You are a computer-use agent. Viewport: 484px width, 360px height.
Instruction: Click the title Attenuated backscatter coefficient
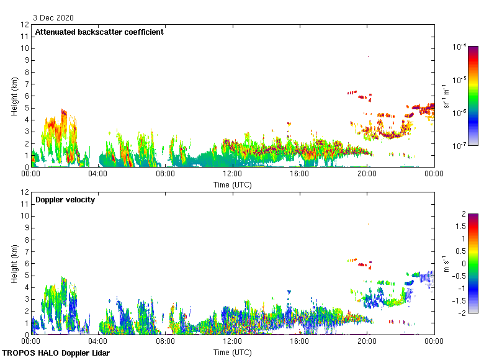(x=99, y=32)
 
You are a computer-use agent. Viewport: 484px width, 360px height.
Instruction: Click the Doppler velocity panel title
(x=65, y=200)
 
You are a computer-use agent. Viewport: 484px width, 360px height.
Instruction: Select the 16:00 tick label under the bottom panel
(x=300, y=342)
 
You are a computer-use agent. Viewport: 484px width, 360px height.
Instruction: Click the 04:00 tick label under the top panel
(x=98, y=174)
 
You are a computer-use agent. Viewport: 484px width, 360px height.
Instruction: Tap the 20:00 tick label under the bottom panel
(x=367, y=342)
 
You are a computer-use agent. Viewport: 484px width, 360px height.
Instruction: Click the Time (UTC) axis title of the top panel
(x=232, y=184)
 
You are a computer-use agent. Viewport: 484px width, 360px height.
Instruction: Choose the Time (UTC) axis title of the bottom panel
(x=232, y=352)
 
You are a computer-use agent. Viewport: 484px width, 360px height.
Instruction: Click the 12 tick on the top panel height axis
(x=25, y=25)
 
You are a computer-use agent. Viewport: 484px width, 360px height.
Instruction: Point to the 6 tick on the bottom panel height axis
(x=25, y=263)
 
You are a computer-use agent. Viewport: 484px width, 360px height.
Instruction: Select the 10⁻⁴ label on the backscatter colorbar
(x=460, y=47)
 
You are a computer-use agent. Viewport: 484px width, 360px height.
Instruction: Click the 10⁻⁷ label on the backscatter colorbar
(x=460, y=146)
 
